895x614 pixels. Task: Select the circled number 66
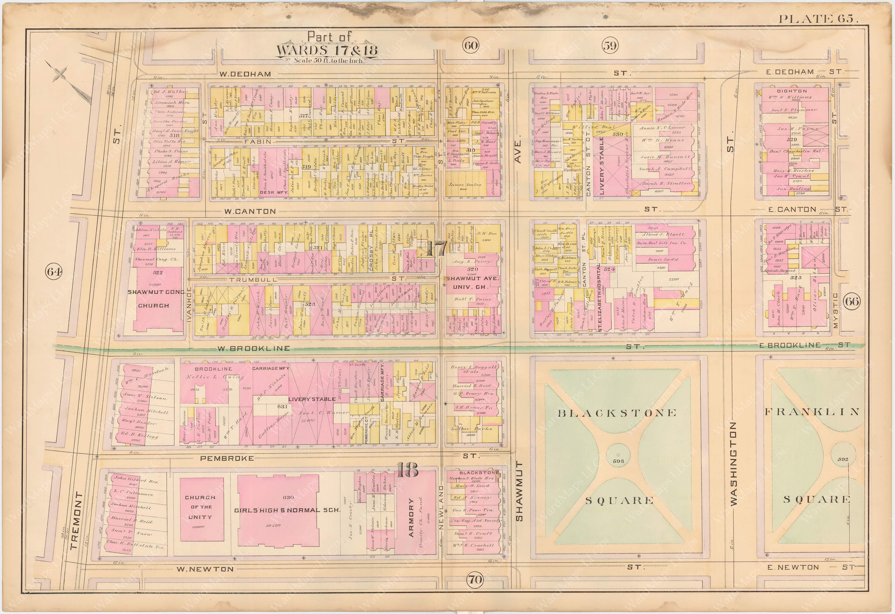coord(852,301)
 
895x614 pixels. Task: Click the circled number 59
coord(610,46)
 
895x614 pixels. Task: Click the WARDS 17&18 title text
coord(327,50)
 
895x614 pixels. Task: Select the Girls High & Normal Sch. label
coord(287,510)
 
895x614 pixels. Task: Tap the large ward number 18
coord(407,470)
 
